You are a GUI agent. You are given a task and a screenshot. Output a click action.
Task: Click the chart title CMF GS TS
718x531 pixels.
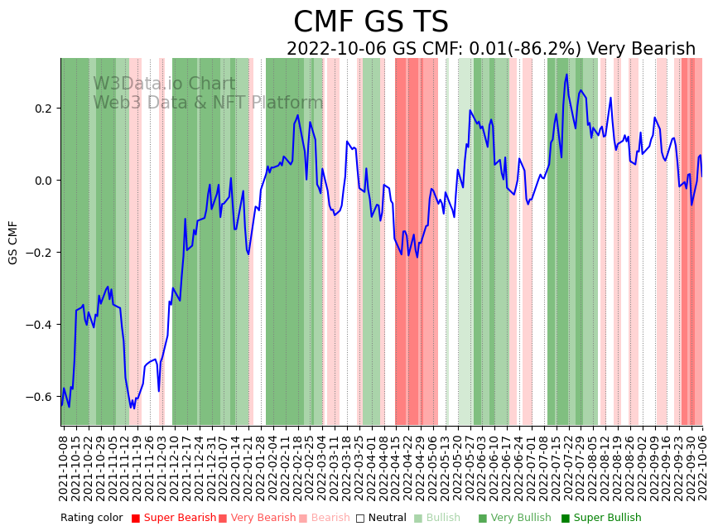click(370, 22)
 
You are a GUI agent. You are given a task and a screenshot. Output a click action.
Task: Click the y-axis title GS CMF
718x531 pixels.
click(12, 243)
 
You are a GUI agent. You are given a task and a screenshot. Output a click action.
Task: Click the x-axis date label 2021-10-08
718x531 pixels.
click(65, 467)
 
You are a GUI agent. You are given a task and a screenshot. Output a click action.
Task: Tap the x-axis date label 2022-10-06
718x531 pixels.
click(702, 467)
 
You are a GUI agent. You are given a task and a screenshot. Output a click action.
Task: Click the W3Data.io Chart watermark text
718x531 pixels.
click(164, 84)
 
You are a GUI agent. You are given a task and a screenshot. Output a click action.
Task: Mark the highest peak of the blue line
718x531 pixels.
click(566, 75)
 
